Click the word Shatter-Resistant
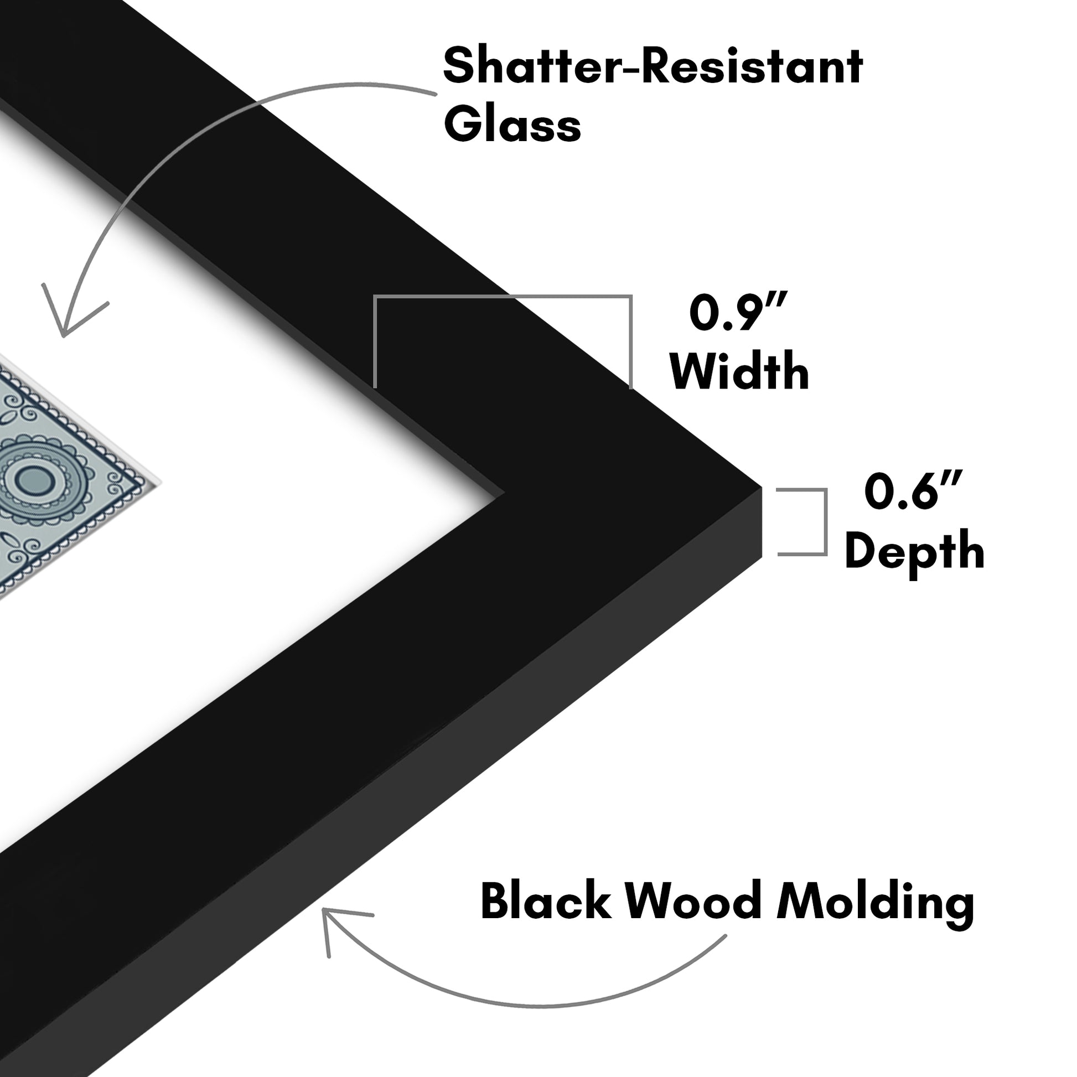[x=653, y=66]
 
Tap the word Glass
[x=512, y=124]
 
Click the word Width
[x=739, y=371]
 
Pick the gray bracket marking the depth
[x=825, y=522]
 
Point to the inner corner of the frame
[x=504, y=492]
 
